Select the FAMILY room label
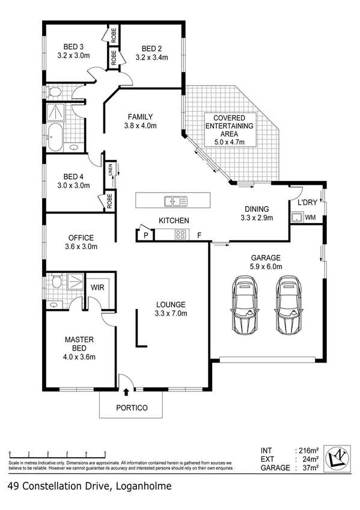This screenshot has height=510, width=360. coord(140,117)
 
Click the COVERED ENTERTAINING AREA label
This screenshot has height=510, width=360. coord(229,126)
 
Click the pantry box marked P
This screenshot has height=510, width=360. coord(144,234)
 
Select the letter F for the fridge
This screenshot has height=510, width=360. coord(200,234)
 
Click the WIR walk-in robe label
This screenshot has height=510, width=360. coord(96,288)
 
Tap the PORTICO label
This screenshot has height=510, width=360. coord(131,408)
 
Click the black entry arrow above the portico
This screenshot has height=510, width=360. coord(126,392)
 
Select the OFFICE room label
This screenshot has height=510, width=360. coord(81,237)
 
